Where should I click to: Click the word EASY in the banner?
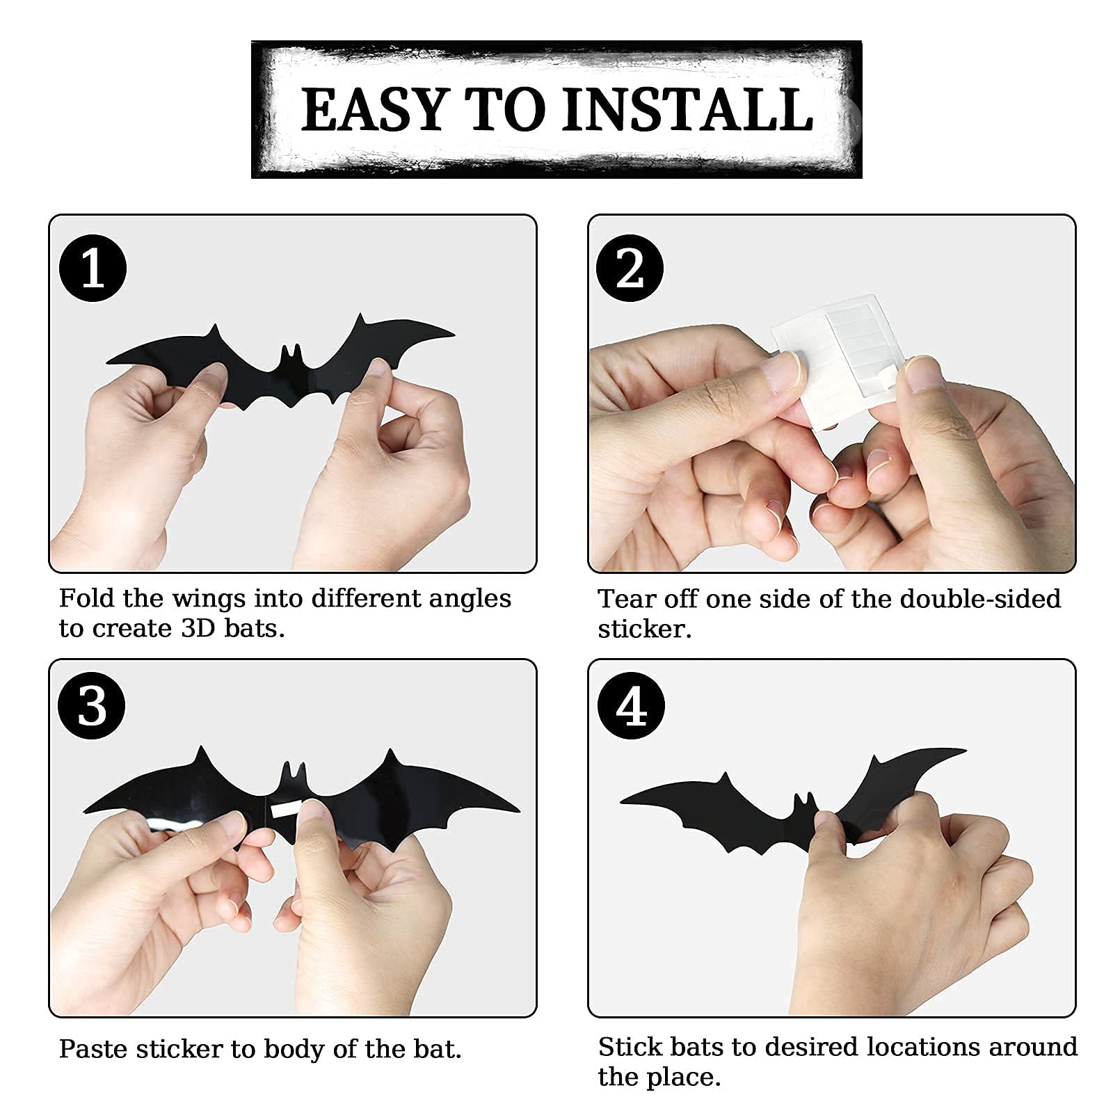[375, 109]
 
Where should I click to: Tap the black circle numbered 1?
[93, 268]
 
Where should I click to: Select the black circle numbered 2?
[630, 268]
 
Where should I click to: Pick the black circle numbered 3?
[93, 705]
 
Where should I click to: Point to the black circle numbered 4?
[630, 705]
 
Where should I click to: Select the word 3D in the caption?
[198, 628]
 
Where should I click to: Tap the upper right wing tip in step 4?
[966, 750]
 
